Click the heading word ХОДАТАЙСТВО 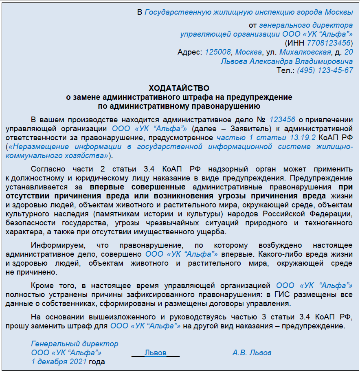(x=179, y=88)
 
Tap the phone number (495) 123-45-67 (x=325, y=70)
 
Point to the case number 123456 (x=282, y=119)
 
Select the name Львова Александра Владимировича (x=287, y=61)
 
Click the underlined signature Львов (x=156, y=353)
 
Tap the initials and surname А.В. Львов (x=252, y=353)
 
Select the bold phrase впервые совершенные (x=138, y=187)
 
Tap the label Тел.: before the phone (x=285, y=70)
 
